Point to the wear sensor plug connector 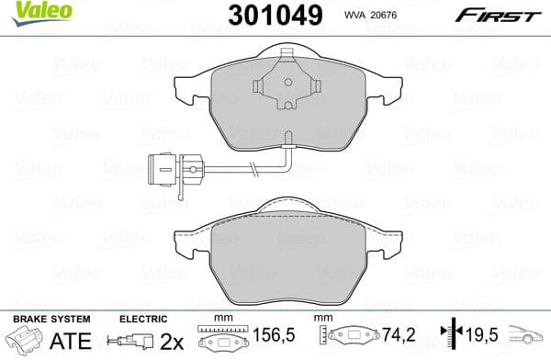coord(174,168)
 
